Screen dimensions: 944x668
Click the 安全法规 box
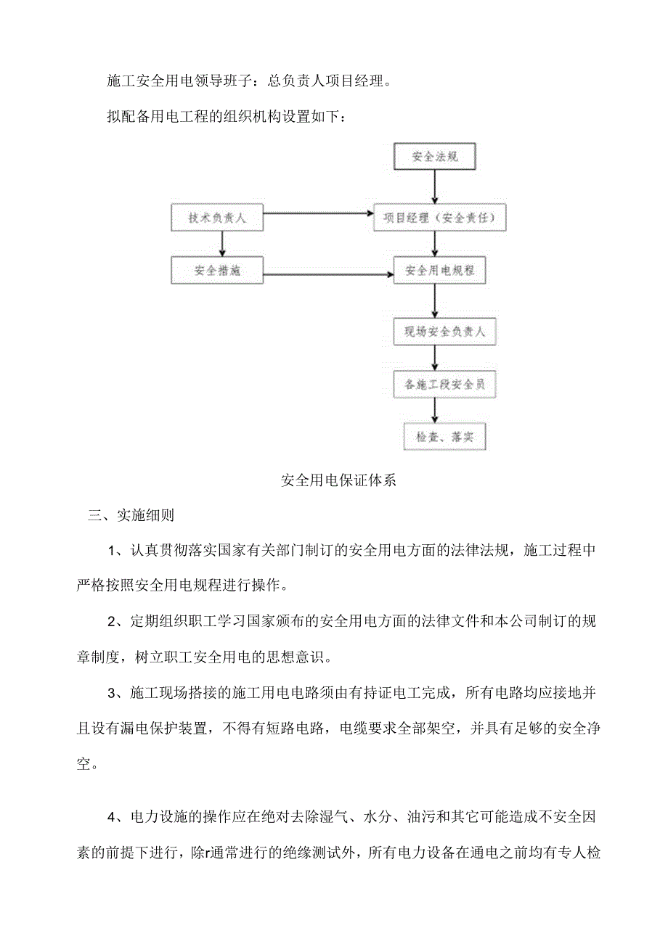[x=434, y=155]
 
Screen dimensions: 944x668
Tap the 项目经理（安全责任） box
[x=439, y=218]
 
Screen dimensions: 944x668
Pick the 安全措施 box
[x=216, y=271]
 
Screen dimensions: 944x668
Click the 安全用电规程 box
[x=439, y=271]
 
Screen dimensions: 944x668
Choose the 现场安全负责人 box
[x=439, y=333]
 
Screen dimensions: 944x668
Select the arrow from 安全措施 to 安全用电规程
[x=327, y=274]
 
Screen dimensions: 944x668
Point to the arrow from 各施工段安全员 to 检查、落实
[x=434, y=411]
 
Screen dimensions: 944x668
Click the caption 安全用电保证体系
[x=338, y=480]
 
